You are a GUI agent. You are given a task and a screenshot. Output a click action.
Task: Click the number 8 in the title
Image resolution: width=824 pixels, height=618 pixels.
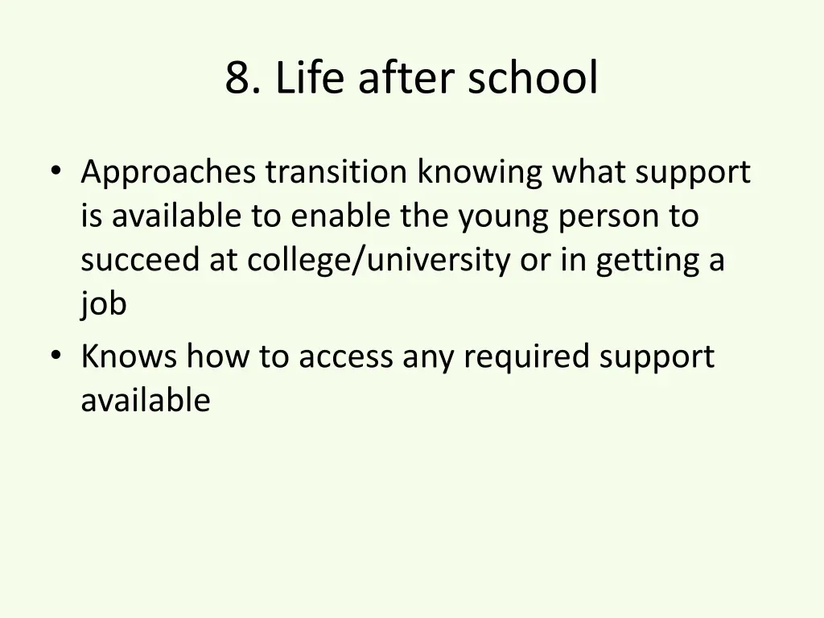[x=237, y=79]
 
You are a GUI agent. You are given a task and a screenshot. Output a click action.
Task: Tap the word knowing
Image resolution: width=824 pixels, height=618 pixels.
[x=480, y=173]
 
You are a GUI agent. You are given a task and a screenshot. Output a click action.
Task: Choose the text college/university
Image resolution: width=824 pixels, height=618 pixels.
[x=378, y=261]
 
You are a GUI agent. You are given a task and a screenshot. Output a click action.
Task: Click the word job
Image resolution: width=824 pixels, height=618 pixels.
[x=104, y=305]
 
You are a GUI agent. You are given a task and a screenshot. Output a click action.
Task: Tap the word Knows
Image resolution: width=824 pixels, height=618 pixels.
[x=129, y=356]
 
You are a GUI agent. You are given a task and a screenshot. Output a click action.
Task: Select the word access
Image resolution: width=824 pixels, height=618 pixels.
[x=346, y=356]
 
